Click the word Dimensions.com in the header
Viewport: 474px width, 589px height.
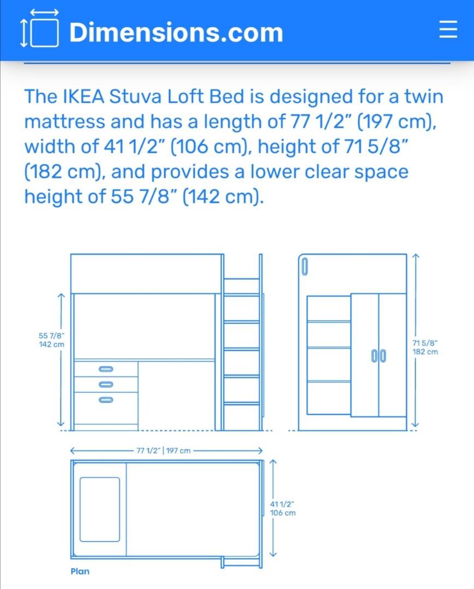tap(176, 32)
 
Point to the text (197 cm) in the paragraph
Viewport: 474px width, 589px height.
tap(392, 121)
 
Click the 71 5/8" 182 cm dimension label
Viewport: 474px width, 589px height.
tap(425, 347)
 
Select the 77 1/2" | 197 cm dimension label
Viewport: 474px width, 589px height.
tap(164, 450)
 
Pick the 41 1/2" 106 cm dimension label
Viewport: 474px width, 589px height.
tap(283, 508)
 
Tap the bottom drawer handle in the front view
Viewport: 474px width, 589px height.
tap(106, 400)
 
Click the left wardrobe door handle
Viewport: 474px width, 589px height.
tap(375, 356)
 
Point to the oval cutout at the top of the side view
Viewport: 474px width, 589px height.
tap(305, 267)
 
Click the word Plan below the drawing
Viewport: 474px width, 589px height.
tap(80, 572)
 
